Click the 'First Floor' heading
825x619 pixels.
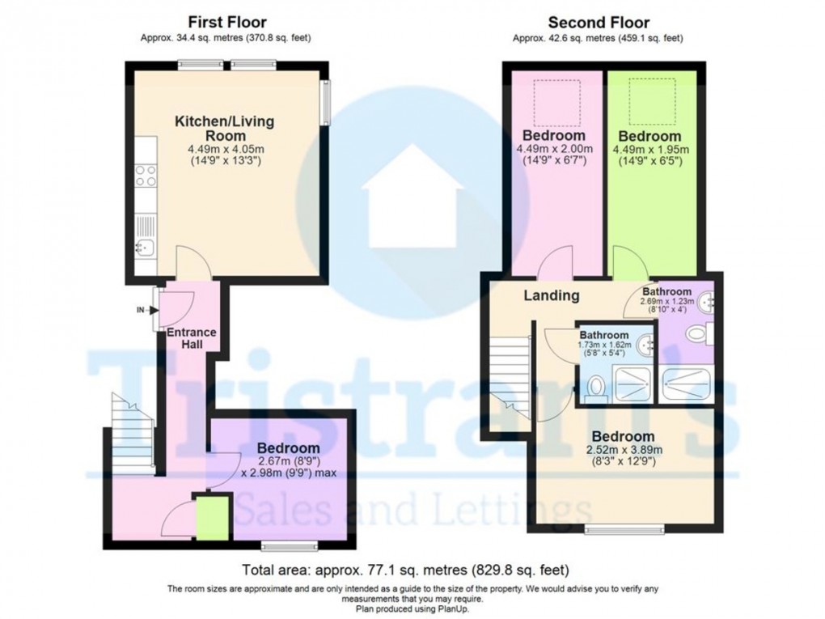[226, 22]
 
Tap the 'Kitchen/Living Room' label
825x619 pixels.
[224, 129]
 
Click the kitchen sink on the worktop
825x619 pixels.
[145, 246]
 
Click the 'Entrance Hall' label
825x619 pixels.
[191, 338]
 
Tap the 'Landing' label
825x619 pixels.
[551, 295]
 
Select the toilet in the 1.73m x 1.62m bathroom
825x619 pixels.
[597, 391]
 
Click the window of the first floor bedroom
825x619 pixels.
[290, 546]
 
